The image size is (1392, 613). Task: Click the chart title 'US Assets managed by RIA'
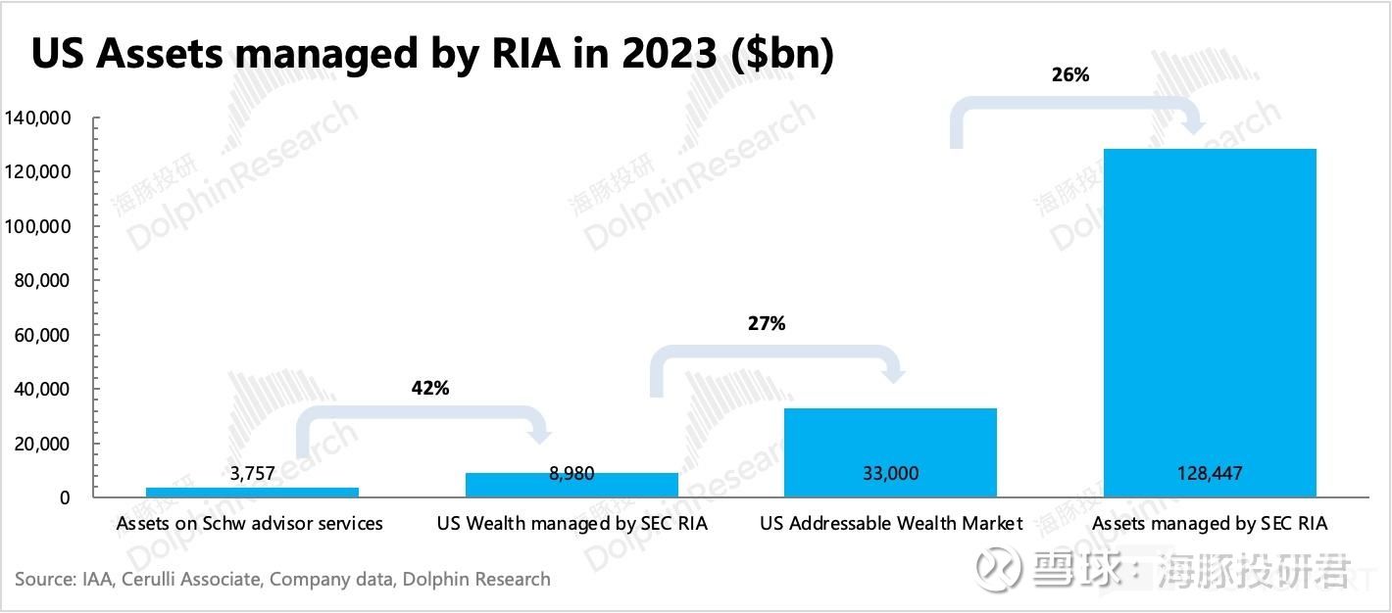(x=432, y=55)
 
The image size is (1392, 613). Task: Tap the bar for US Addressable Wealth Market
(x=891, y=441)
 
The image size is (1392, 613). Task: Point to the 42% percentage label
(x=430, y=388)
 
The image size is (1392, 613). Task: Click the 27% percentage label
(x=766, y=323)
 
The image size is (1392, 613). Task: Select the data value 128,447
(x=1210, y=473)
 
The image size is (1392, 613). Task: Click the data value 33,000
(x=891, y=473)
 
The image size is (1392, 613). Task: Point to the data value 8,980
(x=572, y=474)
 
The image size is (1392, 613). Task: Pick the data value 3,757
(x=252, y=474)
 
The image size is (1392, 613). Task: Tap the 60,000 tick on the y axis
(x=41, y=335)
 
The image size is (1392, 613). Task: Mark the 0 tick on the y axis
(x=65, y=497)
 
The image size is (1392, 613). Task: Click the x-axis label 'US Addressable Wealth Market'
(x=891, y=524)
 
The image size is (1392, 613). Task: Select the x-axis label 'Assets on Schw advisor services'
(x=250, y=524)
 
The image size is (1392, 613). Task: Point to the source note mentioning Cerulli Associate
(x=282, y=580)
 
